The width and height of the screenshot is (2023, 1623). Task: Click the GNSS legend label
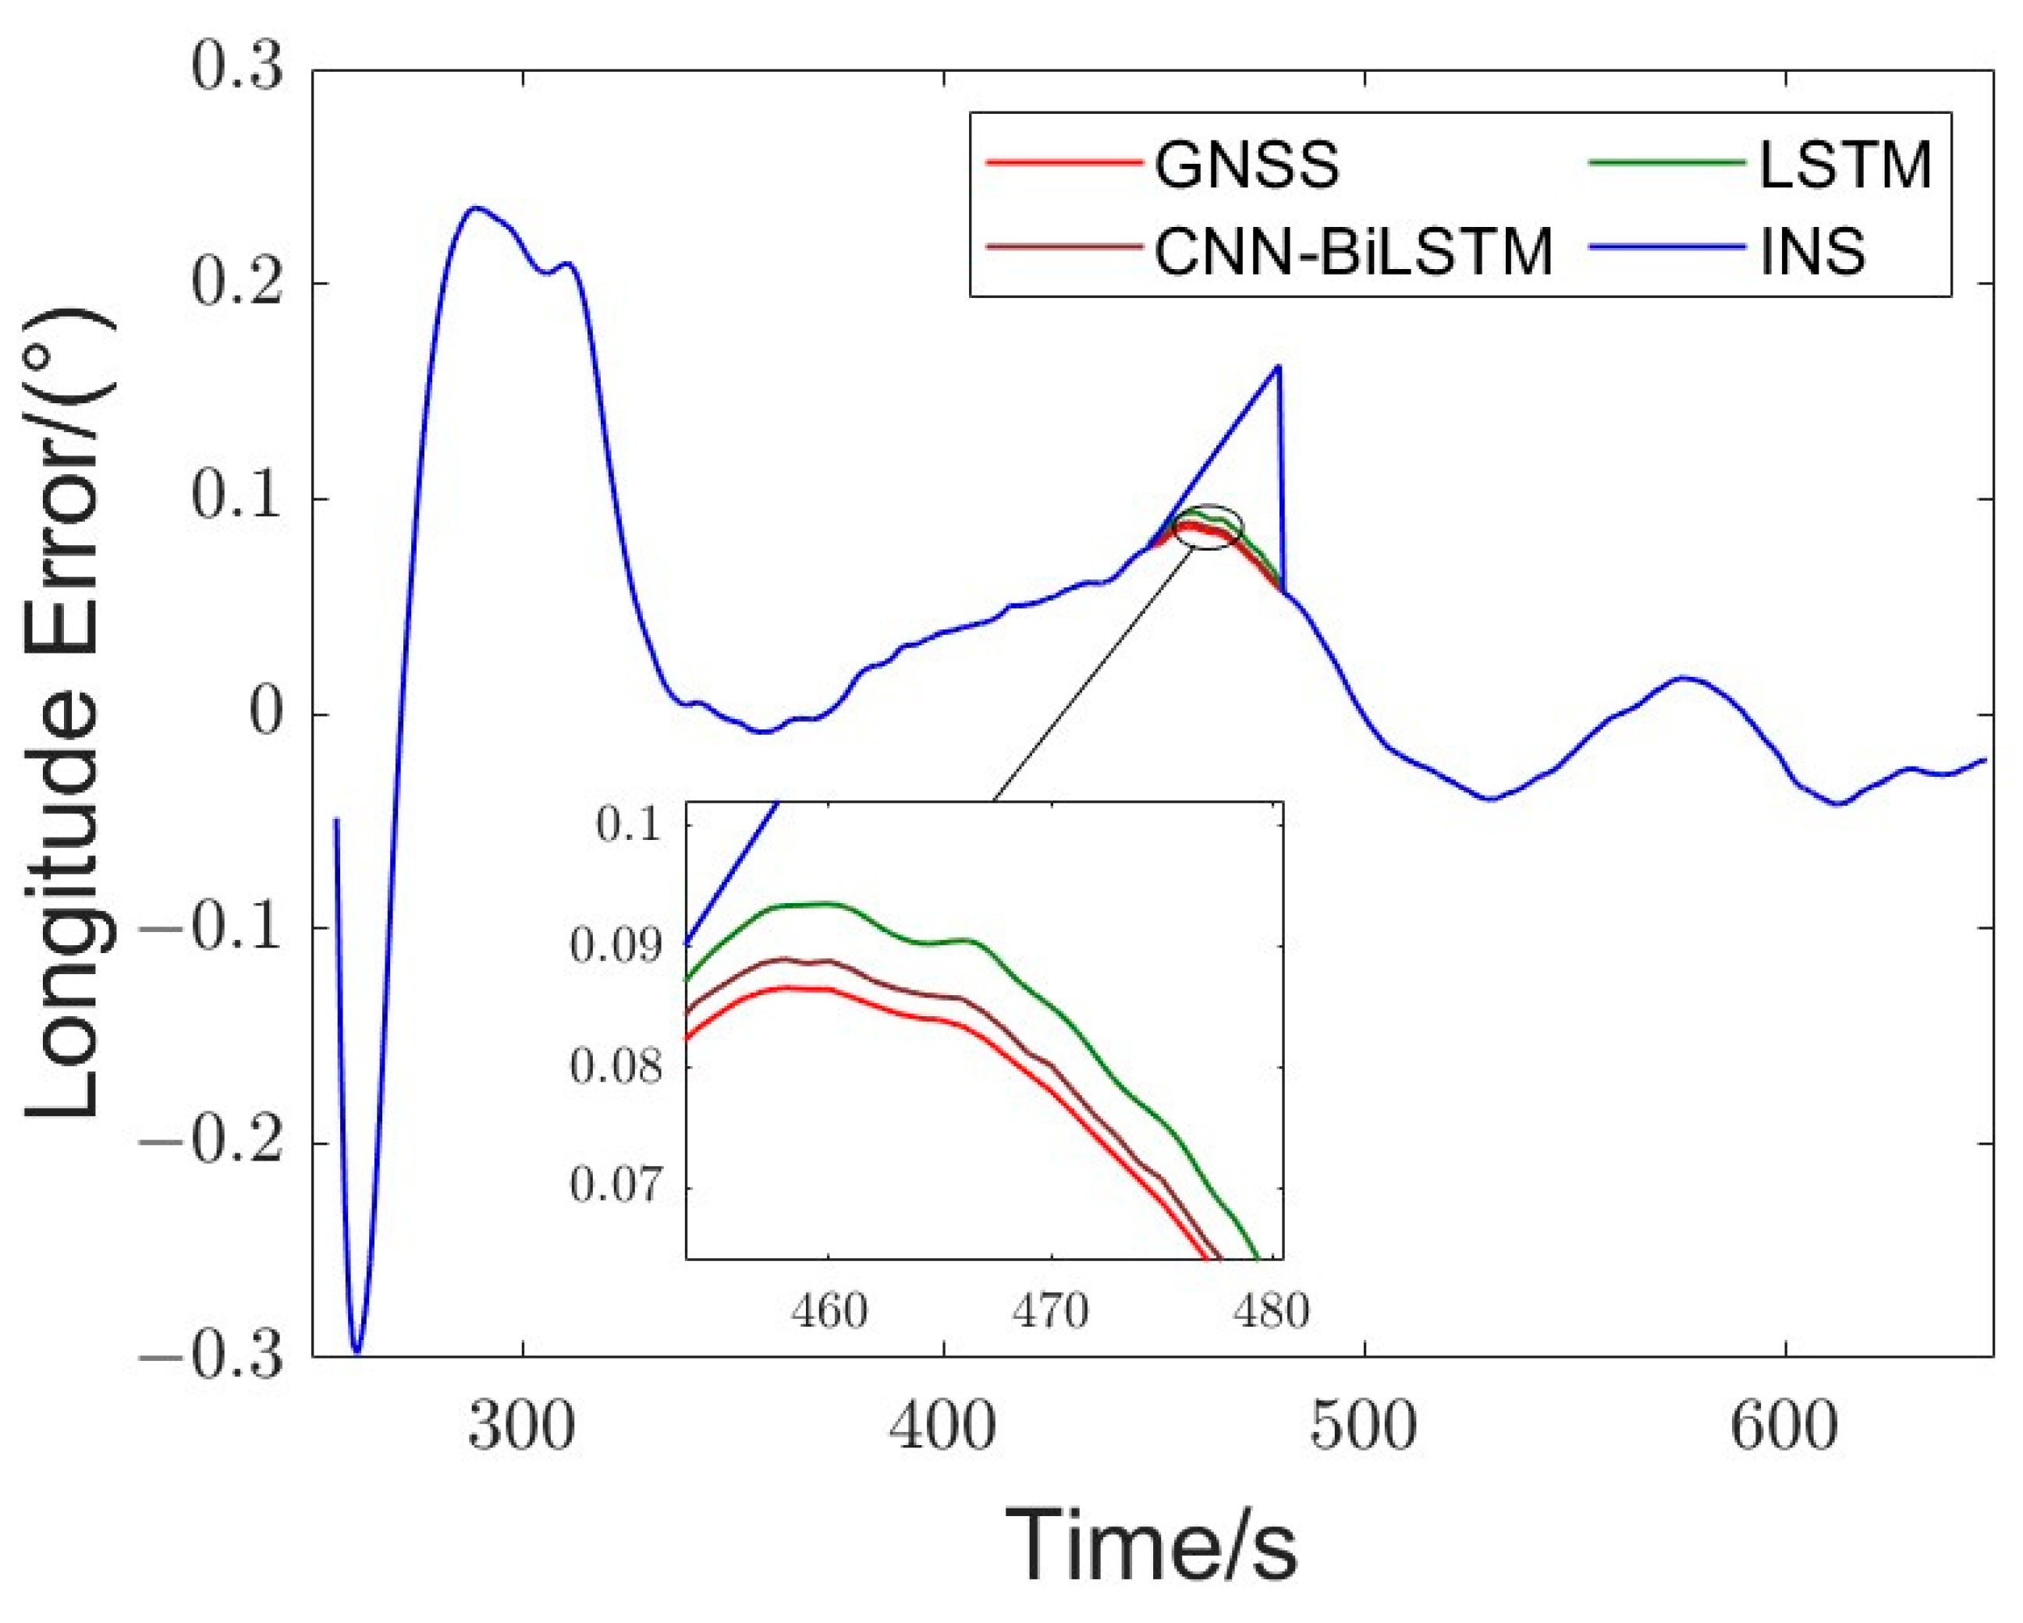pyautogui.click(x=1246, y=167)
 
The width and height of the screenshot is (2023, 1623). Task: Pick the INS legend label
pyautogui.click(x=1813, y=250)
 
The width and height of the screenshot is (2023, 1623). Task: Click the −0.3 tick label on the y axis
pyautogui.click(x=211, y=1356)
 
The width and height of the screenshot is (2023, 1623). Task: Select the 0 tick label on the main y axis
pyautogui.click(x=264, y=714)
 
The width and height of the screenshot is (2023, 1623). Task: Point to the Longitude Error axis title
pyautogui.click(x=64, y=713)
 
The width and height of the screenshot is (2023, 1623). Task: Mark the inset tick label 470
pyautogui.click(x=1050, y=1310)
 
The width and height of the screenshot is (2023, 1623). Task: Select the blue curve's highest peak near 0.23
pyautogui.click(x=476, y=207)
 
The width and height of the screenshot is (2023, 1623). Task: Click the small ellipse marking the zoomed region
pyautogui.click(x=1209, y=526)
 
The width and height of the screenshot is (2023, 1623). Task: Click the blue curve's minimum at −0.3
pyautogui.click(x=357, y=1352)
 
